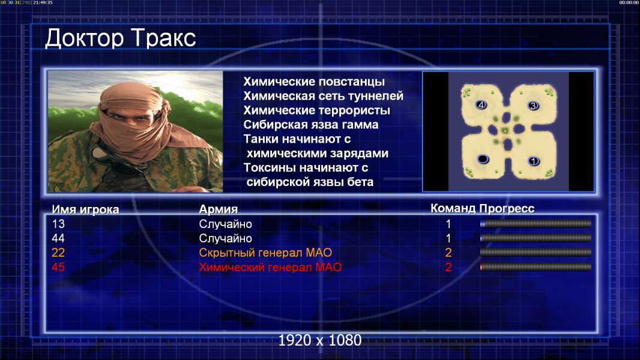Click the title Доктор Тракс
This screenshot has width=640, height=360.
pos(121,38)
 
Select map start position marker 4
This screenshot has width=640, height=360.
pos(482,105)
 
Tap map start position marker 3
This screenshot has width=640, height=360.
pos(533,106)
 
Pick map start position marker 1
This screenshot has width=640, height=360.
pos(534,161)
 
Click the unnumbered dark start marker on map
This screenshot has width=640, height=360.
pos(483,158)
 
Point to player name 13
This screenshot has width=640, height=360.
pos(58,224)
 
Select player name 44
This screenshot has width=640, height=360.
pos(58,238)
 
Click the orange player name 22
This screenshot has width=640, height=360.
pos(58,253)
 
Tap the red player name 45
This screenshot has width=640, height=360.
pos(58,267)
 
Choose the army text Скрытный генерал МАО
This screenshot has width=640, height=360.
pos(265,253)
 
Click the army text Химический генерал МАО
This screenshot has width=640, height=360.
pos(270,267)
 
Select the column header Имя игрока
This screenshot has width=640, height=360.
pos(85,209)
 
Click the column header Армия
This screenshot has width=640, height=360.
pos(219,209)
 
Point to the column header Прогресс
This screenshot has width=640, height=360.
pos(507,209)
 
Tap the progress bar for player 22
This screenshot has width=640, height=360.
pos(536,253)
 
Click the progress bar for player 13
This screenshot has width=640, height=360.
pos(536,223)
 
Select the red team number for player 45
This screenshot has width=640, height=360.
pos(448,267)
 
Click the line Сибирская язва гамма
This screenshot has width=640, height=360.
pos(311,125)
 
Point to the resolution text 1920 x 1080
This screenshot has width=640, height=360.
pos(320,340)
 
